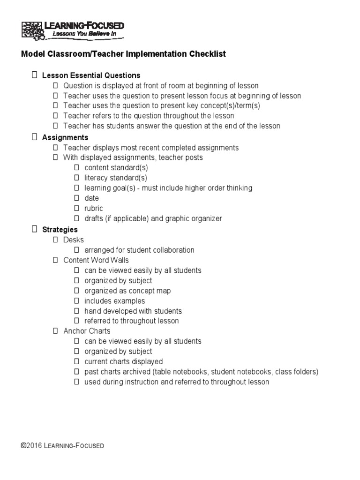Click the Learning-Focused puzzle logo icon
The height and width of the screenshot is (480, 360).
click(x=31, y=29)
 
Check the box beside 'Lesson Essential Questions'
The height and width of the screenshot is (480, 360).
click(x=34, y=75)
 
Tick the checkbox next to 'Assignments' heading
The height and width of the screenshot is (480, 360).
click(x=34, y=137)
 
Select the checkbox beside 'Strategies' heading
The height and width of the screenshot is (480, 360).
click(x=34, y=230)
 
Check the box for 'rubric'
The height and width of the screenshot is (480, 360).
click(x=76, y=208)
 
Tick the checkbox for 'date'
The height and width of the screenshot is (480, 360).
click(x=76, y=198)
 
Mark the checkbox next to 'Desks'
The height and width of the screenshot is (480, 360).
click(x=55, y=240)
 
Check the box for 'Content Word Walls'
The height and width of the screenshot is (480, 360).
click(x=55, y=260)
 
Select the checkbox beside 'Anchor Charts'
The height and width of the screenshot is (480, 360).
click(x=55, y=331)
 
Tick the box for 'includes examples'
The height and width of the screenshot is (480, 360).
click(x=76, y=301)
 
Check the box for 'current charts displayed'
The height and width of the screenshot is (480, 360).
click(x=76, y=362)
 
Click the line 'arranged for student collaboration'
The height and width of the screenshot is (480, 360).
click(x=139, y=250)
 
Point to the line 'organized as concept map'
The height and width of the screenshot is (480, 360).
click(x=127, y=291)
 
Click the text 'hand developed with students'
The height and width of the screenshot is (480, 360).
click(x=133, y=311)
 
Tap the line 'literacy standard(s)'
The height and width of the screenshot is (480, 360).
click(x=116, y=178)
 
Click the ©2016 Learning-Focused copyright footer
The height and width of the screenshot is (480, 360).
click(x=62, y=446)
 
